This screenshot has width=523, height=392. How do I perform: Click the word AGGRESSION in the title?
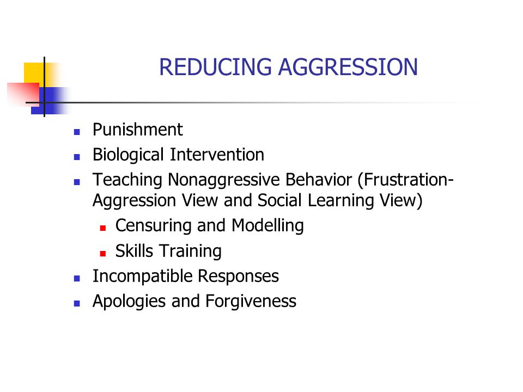[348, 67]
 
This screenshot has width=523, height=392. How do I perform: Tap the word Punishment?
[138, 130]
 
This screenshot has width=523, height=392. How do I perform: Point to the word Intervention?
[217, 155]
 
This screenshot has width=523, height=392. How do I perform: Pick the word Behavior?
[319, 180]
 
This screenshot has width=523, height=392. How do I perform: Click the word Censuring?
[153, 226]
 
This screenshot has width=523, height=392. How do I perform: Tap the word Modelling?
[267, 226]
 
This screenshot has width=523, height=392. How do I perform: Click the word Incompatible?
[142, 277]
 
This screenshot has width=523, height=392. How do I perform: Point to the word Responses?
[239, 277]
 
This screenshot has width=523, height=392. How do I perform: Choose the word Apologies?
[129, 302]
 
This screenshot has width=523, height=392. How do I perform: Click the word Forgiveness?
[251, 302]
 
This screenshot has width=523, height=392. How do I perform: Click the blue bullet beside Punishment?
[77, 132]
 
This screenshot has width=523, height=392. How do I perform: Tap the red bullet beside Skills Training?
[103, 254]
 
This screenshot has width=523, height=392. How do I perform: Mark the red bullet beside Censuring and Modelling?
[103, 228]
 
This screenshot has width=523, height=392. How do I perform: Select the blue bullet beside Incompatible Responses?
[77, 279]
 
